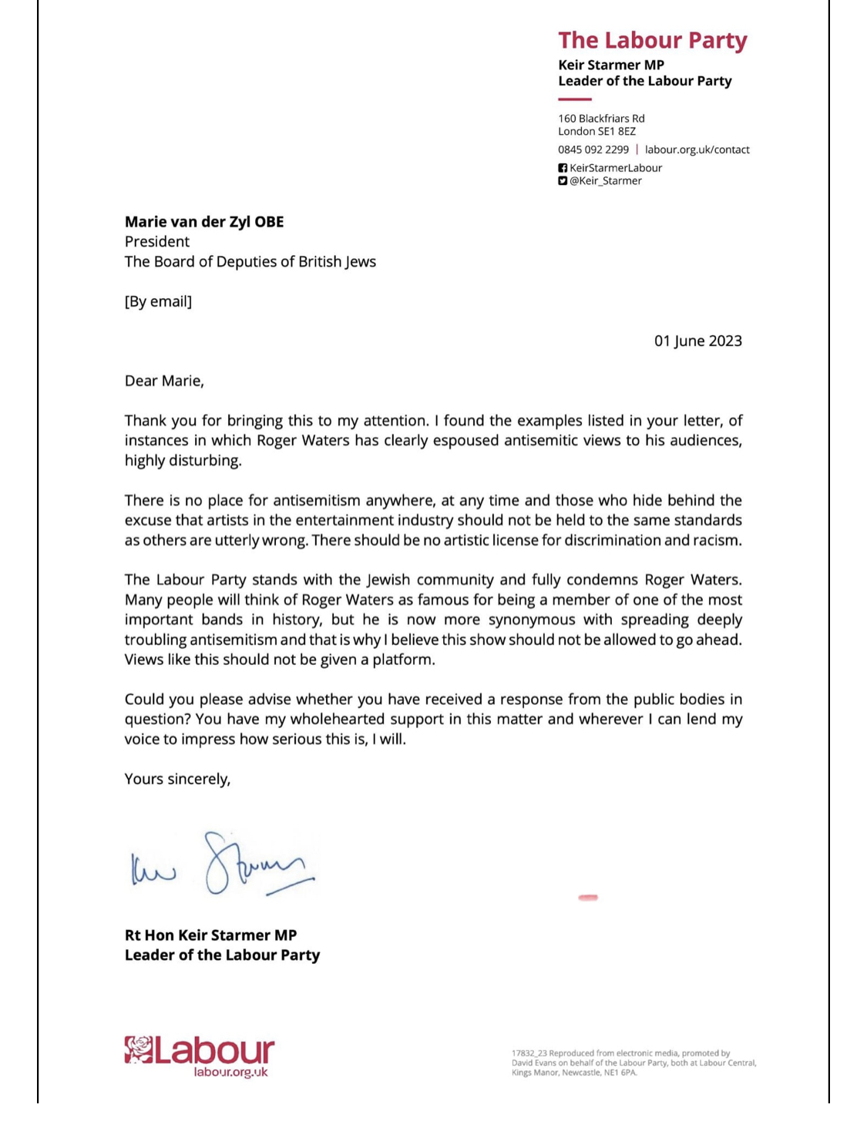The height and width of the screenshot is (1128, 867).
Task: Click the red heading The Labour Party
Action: tap(652, 40)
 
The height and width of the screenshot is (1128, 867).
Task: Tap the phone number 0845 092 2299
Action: tap(593, 149)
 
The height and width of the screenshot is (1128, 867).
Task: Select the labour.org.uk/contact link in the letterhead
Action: tap(697, 149)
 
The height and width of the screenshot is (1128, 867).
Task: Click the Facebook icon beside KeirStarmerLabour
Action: tap(563, 168)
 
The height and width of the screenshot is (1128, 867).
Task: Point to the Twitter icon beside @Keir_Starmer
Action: tap(563, 181)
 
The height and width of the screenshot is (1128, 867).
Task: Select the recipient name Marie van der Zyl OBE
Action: tap(204, 222)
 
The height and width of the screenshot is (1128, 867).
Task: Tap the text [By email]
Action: tap(158, 301)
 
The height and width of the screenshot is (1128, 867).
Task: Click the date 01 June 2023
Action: tap(697, 341)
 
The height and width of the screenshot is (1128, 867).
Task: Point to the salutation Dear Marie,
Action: tap(164, 381)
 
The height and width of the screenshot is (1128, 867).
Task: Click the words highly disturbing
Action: tap(183, 461)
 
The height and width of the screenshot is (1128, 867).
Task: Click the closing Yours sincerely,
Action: tap(177, 779)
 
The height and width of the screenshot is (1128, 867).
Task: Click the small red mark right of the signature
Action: tap(588, 897)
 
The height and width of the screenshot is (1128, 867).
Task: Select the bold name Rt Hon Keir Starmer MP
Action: tap(210, 935)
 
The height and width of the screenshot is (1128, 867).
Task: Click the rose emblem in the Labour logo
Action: tap(139, 1049)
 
